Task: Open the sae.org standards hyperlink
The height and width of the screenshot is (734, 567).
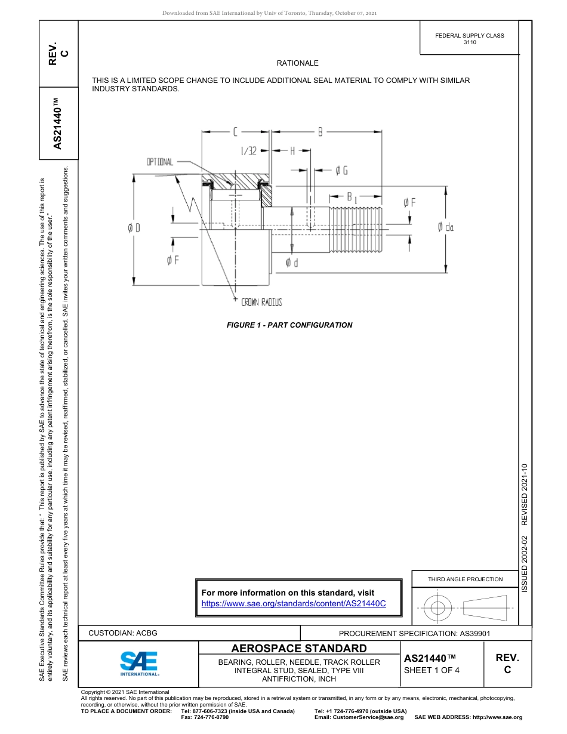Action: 294,603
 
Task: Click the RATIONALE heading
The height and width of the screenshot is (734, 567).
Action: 297,63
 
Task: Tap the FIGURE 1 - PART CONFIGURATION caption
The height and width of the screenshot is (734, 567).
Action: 289,325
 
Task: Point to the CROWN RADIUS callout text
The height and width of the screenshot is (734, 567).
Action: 261,303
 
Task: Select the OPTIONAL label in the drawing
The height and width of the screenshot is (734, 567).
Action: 160,162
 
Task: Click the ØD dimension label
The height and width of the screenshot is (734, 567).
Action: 134,227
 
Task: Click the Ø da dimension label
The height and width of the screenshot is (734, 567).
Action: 445,227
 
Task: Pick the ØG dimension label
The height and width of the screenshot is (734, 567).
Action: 341,171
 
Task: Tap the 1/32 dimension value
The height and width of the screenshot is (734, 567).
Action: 248,151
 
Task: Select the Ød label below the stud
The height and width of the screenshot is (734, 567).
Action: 292,263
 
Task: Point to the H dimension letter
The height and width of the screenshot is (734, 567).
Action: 292,151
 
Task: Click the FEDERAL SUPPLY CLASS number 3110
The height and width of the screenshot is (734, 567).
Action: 470,42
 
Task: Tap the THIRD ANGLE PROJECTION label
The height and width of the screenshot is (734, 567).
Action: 465,579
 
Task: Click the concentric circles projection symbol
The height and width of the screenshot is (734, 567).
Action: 438,609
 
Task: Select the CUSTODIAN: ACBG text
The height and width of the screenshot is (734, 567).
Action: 122,633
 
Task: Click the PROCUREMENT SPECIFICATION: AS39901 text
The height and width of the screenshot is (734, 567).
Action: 414,633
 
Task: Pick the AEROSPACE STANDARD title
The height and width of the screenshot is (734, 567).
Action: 299,648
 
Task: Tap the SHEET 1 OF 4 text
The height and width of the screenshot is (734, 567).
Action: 432,670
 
